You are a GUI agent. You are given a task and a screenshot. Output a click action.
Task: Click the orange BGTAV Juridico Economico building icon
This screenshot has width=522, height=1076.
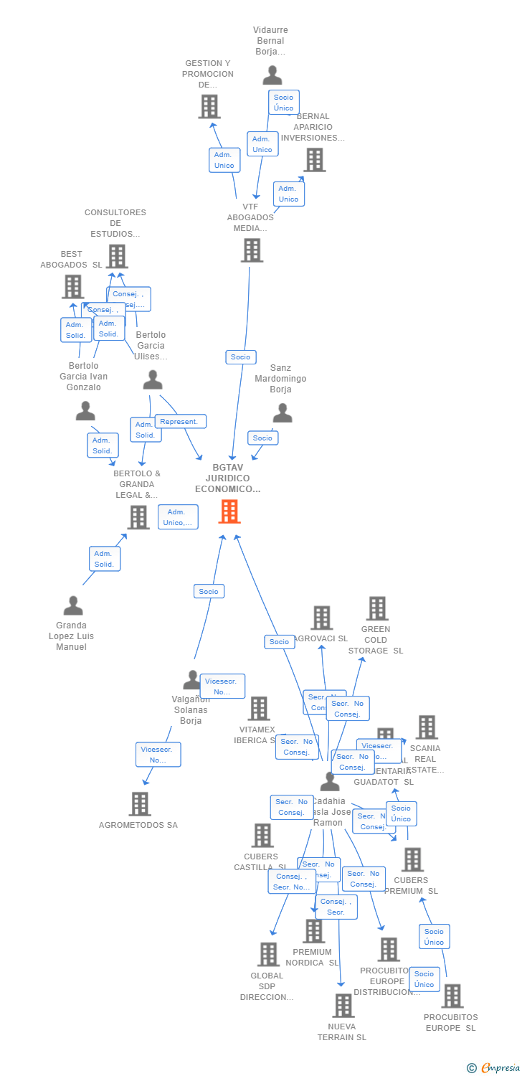(229, 511)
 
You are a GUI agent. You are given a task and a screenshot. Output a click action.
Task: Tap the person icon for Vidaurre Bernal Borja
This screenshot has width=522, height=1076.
(272, 75)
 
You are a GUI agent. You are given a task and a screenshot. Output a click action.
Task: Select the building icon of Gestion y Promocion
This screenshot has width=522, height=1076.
(209, 106)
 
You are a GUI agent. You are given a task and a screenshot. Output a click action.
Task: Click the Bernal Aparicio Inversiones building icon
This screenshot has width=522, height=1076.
(314, 160)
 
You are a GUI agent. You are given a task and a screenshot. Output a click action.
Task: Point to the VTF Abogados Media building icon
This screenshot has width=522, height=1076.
(252, 250)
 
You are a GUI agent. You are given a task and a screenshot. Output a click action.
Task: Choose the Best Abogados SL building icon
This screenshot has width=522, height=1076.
(72, 286)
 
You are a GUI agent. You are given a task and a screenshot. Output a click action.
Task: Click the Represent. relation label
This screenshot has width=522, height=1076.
(180, 422)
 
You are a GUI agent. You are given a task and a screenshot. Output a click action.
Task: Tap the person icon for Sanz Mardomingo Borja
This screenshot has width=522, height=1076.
(283, 412)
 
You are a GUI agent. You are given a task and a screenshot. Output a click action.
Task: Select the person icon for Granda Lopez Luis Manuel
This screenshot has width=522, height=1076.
(73, 606)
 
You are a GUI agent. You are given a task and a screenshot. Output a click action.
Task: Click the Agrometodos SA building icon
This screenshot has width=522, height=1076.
(140, 804)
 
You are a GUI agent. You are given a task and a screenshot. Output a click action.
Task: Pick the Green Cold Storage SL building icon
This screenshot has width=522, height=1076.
(377, 608)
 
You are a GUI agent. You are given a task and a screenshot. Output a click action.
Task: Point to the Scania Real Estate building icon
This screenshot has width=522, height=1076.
(427, 727)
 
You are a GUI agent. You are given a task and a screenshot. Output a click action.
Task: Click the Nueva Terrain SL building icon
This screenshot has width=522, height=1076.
(343, 1006)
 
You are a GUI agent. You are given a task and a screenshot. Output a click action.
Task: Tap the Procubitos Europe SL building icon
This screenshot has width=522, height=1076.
(452, 996)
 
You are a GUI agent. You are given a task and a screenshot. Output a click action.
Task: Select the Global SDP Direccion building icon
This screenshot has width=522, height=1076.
(268, 954)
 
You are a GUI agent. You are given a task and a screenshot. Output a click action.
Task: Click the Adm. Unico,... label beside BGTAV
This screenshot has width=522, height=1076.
(178, 516)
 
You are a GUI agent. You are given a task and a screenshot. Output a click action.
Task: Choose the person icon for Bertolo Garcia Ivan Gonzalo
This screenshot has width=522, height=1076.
(85, 411)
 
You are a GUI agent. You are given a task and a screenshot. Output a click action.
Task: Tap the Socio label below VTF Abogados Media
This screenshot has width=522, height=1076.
(241, 357)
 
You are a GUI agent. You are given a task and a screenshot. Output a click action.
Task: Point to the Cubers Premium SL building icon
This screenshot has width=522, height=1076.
(412, 859)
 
